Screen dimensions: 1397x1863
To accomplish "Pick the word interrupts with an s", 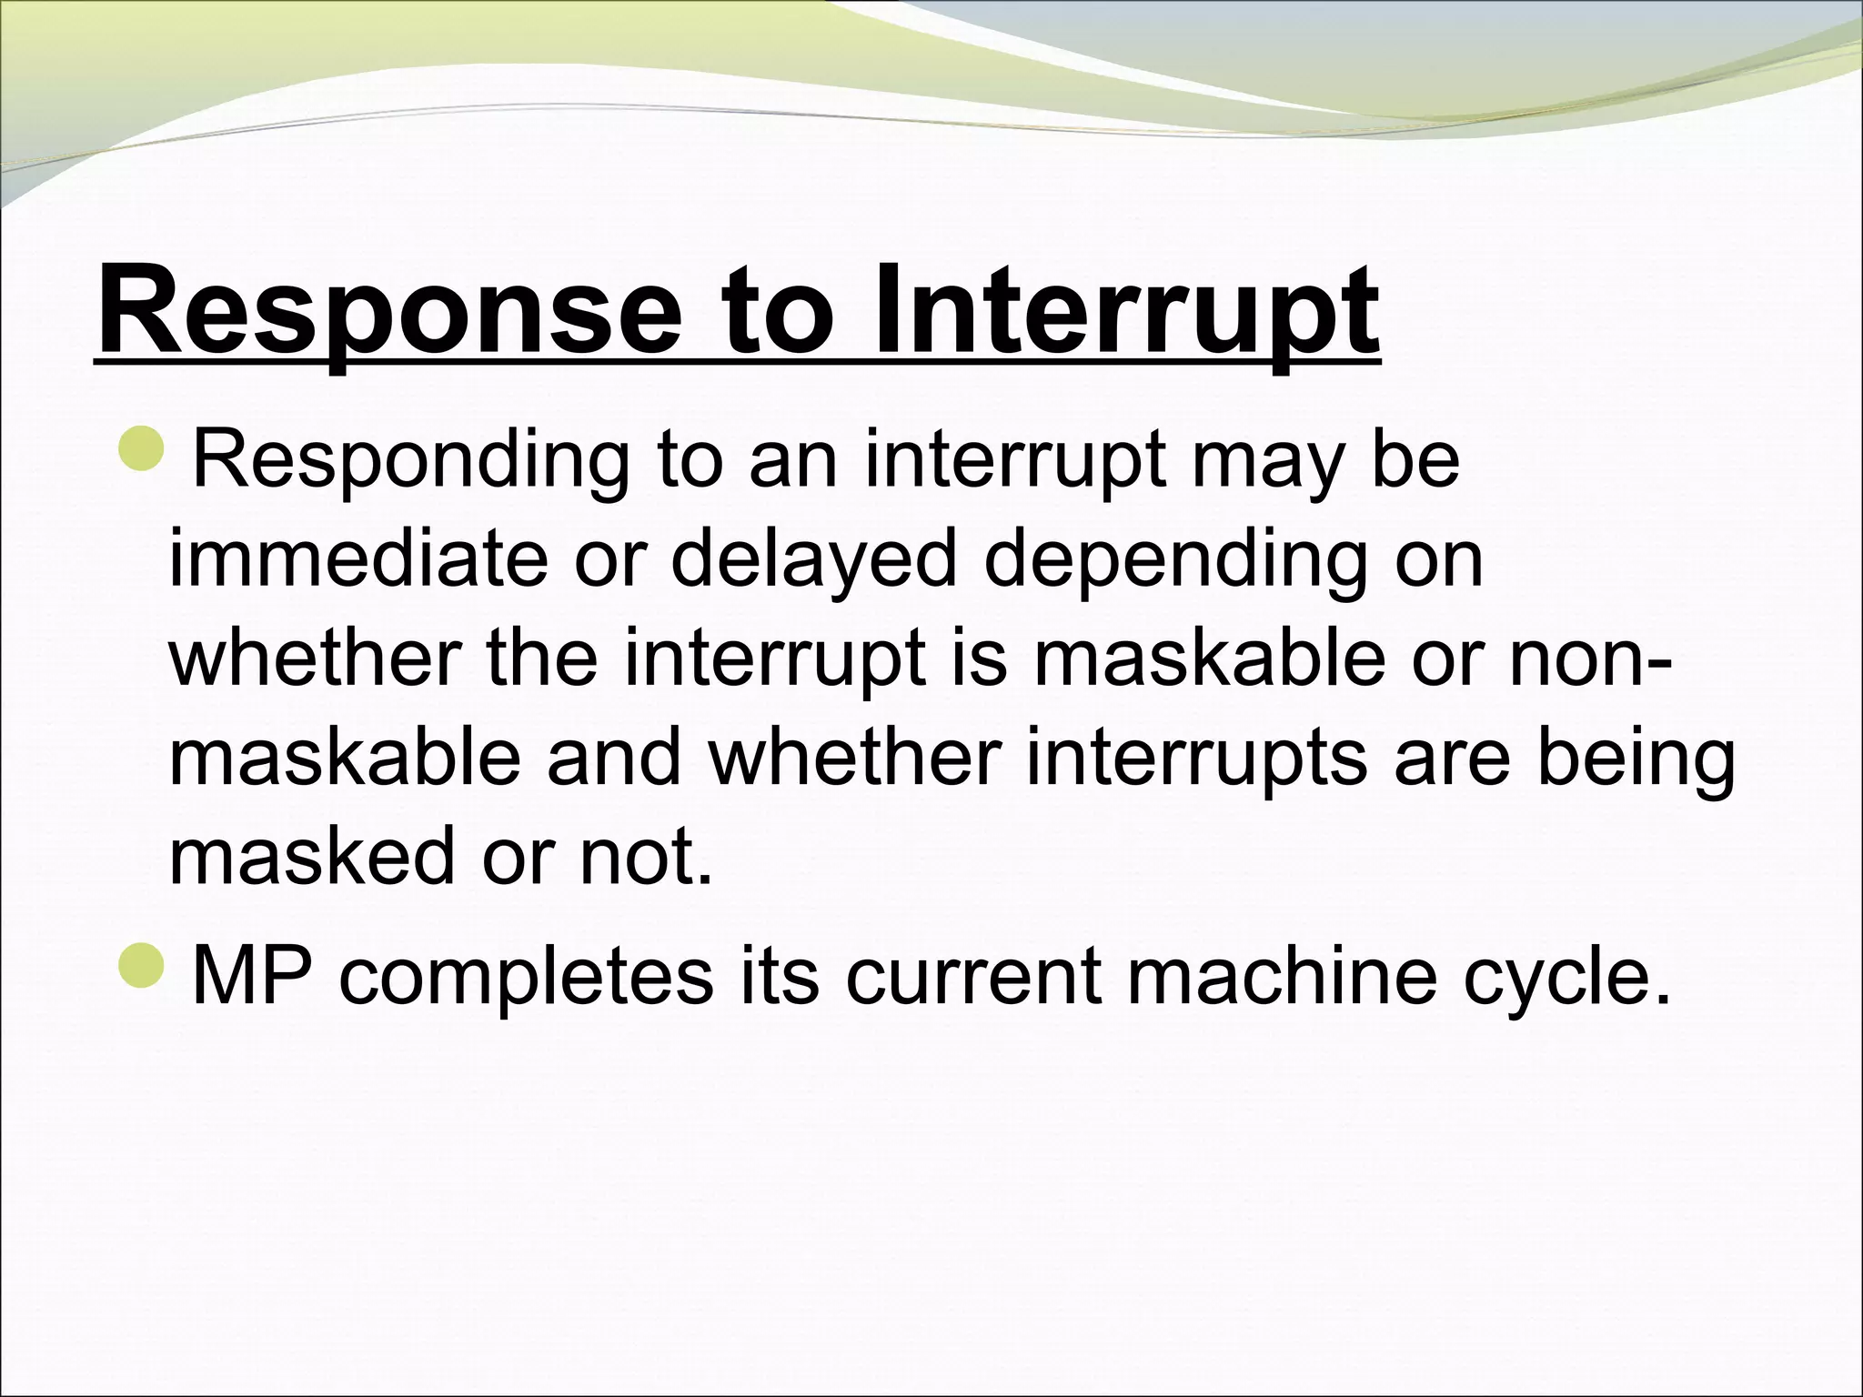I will [x=1196, y=759].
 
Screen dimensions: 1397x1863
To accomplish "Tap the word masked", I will [x=310, y=857].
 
